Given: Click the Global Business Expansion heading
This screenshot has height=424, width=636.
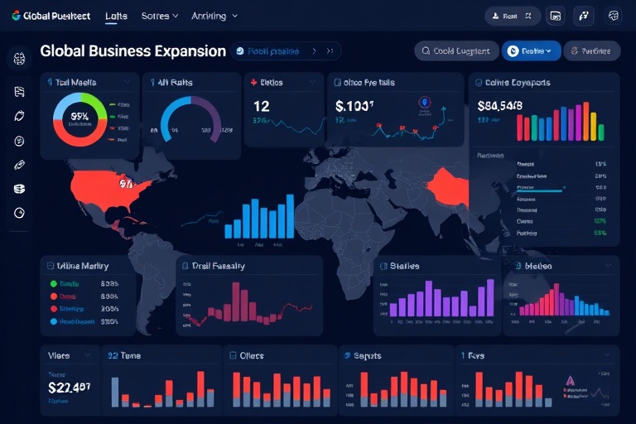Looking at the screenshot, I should [132, 51].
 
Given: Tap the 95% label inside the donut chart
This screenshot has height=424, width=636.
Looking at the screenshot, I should [80, 117].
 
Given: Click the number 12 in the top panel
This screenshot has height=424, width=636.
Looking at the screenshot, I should [262, 106].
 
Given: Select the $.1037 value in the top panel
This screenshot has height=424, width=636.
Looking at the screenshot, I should [355, 106].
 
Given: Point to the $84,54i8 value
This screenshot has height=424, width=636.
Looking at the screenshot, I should [499, 106].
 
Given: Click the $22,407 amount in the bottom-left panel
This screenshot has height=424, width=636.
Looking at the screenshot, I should [69, 387].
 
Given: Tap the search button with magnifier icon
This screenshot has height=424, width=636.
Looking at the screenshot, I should [455, 51].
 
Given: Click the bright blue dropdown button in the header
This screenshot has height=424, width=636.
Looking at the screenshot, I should [531, 51].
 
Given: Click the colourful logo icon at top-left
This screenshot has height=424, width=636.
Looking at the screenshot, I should [17, 16].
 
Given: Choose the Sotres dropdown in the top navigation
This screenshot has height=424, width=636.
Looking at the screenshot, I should [160, 16].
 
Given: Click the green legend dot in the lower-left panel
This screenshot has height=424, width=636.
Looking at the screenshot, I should [54, 283].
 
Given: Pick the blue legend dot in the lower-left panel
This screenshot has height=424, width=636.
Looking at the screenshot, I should [54, 320].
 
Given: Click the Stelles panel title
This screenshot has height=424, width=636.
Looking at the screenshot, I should [404, 266].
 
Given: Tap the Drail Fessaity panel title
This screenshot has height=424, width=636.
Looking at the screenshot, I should [219, 266].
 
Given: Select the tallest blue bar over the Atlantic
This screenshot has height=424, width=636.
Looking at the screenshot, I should [290, 217].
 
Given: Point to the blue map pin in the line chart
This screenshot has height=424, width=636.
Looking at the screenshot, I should [425, 103].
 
